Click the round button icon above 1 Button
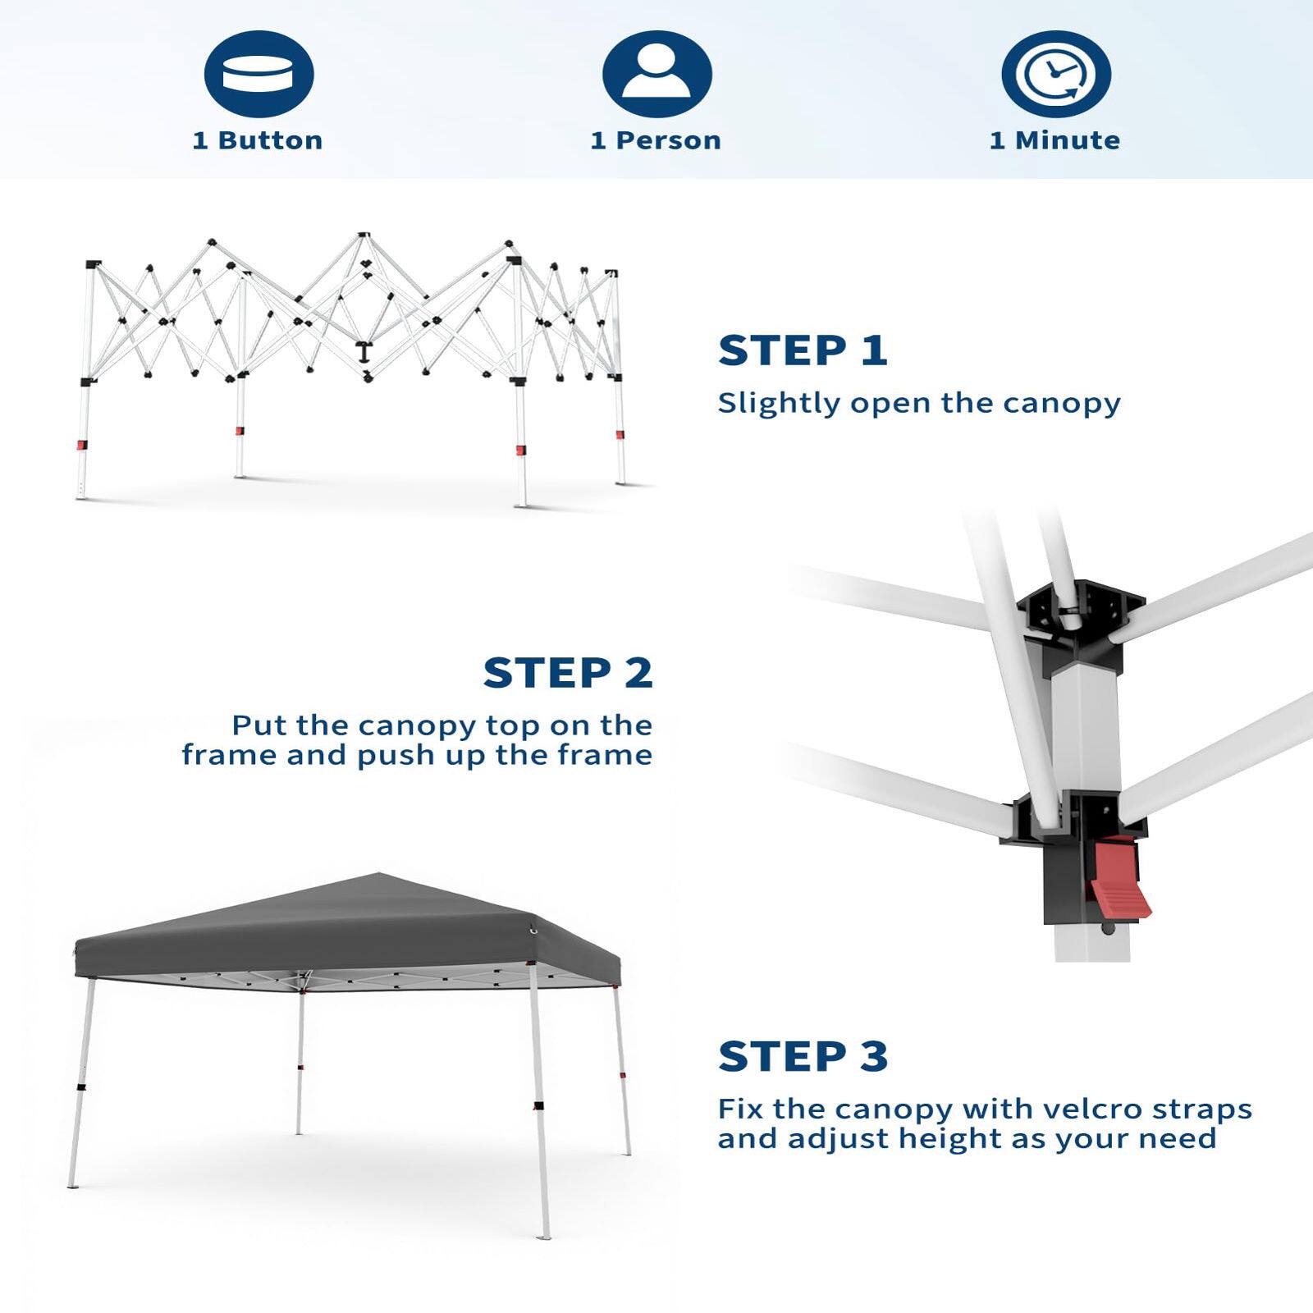258,75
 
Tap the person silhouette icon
656,74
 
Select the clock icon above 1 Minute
1055,75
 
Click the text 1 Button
258,140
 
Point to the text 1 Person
656,140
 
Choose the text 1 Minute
1055,140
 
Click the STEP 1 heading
803,350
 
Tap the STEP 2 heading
568,673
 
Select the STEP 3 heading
803,1056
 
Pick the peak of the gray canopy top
377,876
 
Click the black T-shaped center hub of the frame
363,353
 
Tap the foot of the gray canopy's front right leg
544,1235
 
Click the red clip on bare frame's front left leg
82,445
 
